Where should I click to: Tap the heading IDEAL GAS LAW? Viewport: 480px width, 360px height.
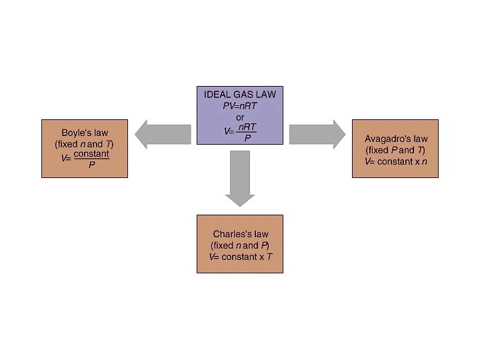[240, 95]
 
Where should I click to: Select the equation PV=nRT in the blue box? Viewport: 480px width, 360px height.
[240, 105]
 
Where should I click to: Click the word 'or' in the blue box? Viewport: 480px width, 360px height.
[240, 117]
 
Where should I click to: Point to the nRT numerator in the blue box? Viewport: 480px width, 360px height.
[247, 126]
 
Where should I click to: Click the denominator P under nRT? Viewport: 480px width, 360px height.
[247, 138]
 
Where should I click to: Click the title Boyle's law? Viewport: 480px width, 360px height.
[85, 133]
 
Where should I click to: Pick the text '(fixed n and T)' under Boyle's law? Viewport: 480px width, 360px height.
[85, 144]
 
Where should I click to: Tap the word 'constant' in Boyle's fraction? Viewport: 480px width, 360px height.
[91, 154]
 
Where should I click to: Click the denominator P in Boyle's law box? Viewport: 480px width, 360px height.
[91, 165]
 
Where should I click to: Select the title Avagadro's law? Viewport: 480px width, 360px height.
[396, 139]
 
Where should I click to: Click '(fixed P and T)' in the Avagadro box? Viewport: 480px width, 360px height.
[396, 150]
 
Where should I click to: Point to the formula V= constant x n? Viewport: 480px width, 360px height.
[396, 161]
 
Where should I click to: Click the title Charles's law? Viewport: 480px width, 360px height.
[240, 234]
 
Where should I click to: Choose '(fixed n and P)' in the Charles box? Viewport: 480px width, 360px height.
[240, 245]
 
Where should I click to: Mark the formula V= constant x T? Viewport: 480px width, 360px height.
[240, 257]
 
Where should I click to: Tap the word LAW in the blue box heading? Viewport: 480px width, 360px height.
[265, 95]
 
